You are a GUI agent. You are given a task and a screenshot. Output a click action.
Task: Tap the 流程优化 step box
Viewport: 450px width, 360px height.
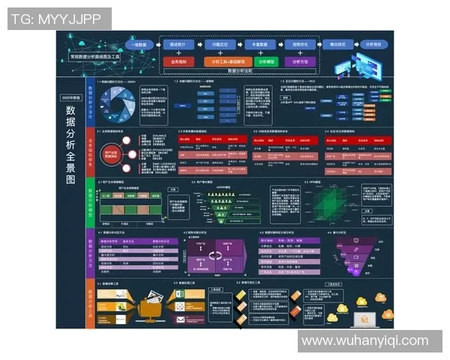[x=299, y=45]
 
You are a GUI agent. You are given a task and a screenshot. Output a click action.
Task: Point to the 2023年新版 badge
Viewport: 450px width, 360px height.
[x=70, y=97]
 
